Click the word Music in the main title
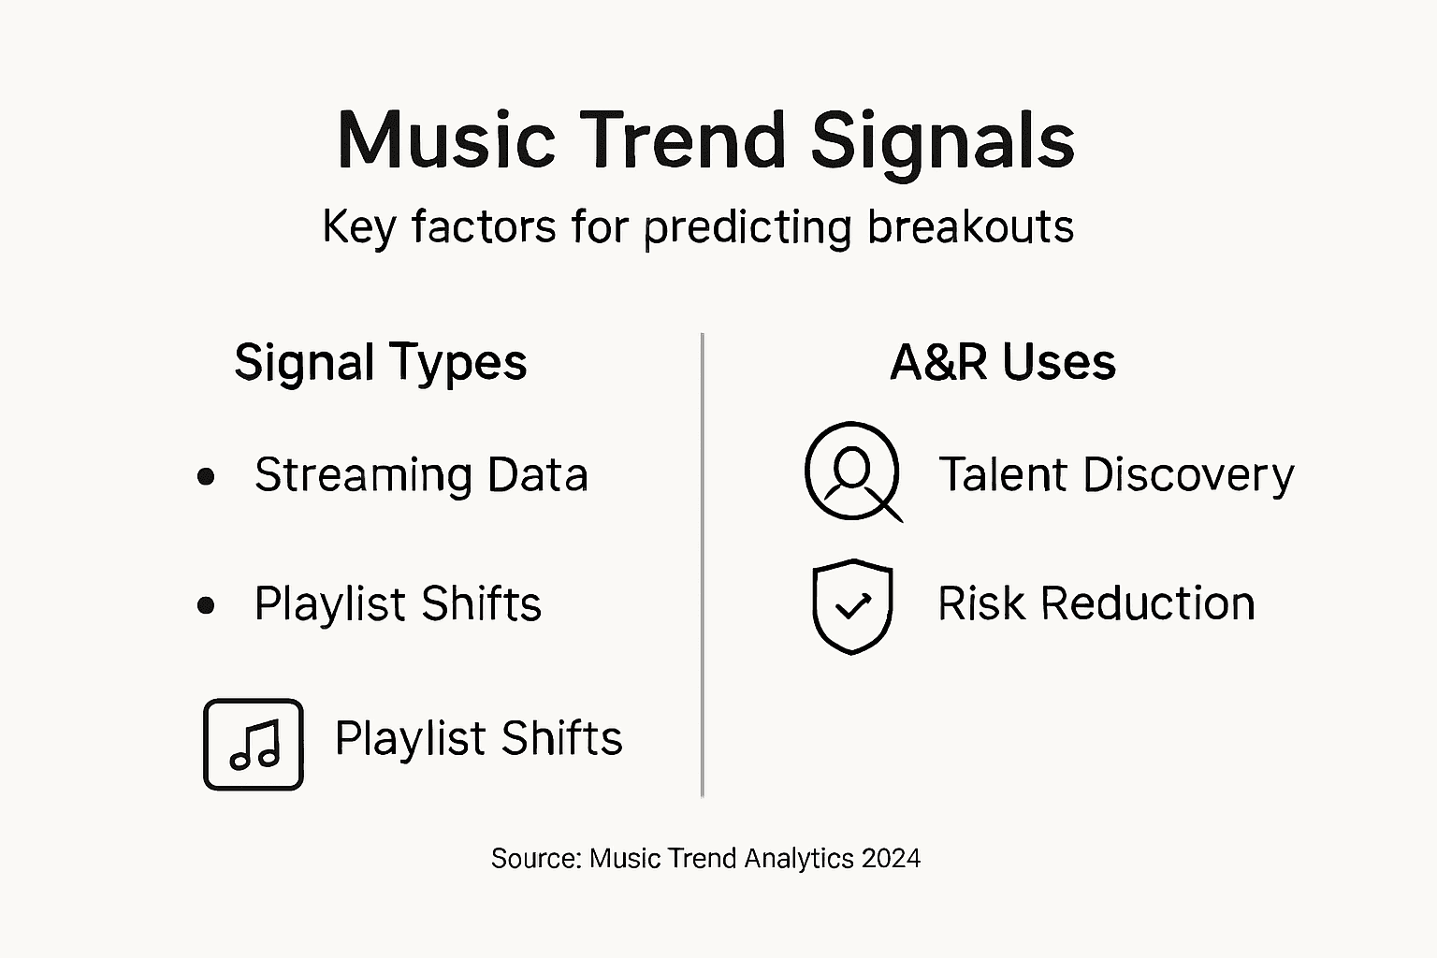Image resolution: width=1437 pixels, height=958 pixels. (446, 140)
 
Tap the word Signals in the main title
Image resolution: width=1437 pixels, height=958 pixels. (942, 140)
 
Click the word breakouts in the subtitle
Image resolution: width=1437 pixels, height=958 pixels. (970, 227)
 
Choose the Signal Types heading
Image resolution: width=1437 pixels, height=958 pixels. (381, 362)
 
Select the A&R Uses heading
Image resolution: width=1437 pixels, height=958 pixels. (1003, 362)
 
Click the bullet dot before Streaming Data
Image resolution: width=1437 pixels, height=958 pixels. (207, 476)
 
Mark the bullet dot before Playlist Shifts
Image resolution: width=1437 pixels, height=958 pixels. (207, 605)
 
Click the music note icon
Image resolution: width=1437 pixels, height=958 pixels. (254, 745)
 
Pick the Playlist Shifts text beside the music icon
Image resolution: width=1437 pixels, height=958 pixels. (478, 738)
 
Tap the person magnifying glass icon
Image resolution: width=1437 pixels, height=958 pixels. (853, 472)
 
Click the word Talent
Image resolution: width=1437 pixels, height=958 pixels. (1004, 474)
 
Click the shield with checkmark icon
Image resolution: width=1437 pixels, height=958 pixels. (852, 606)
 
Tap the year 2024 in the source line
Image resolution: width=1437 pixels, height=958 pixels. (892, 858)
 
